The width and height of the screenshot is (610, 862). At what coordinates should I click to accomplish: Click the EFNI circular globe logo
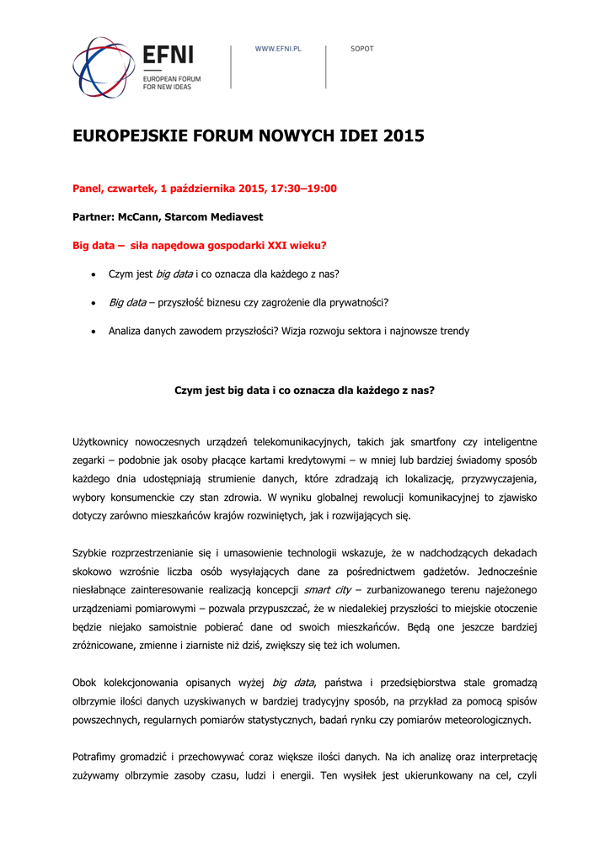pos(104,67)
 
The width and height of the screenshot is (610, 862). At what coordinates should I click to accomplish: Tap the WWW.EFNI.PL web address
pos(278,49)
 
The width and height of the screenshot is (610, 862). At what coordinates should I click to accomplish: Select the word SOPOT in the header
pos(361,49)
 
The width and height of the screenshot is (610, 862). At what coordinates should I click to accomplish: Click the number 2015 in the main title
pos(404,136)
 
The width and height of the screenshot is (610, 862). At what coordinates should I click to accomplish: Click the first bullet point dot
pos(93,274)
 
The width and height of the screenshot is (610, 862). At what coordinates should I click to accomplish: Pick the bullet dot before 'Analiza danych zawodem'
pos(93,332)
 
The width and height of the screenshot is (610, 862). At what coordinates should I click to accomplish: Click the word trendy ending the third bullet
pos(453,332)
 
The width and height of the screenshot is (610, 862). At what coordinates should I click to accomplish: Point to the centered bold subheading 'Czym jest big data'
pos(304,391)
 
